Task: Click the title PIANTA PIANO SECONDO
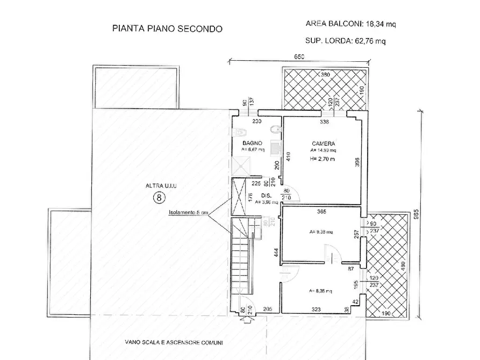coord(166,28)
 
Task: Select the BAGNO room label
coord(252,143)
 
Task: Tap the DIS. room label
coord(265,196)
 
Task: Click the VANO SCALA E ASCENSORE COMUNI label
coord(174,342)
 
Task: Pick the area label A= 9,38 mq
coord(321,232)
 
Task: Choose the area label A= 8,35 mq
coord(320,291)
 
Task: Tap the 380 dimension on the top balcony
coord(325,75)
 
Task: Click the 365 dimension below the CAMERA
coord(321,212)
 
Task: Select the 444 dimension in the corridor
coord(275,254)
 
